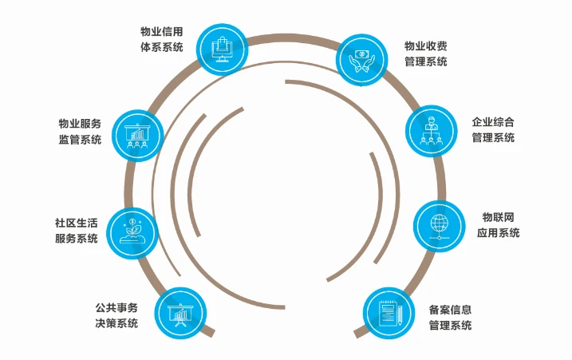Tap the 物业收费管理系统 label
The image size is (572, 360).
coord(425,54)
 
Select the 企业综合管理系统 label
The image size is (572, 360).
coord(493,129)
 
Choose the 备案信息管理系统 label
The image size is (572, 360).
coord(450,317)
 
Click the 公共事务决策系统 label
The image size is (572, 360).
coord(116,315)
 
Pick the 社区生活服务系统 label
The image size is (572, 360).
coord(77,230)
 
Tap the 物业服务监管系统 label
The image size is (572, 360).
coord(80,131)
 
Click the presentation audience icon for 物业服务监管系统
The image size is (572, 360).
coord(138,135)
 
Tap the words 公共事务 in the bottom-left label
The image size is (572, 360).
coord(116,307)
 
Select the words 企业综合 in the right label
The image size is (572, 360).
coord(493,122)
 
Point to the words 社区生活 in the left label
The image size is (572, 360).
coord(77,223)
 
